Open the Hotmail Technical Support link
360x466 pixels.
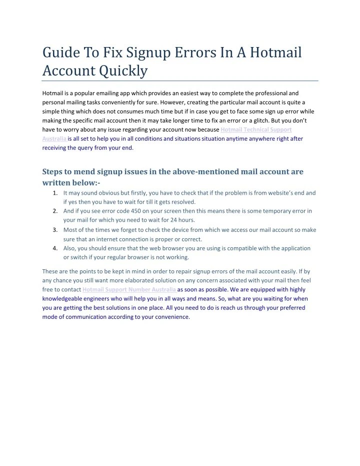click(256, 129)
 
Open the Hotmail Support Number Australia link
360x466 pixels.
click(129, 290)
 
